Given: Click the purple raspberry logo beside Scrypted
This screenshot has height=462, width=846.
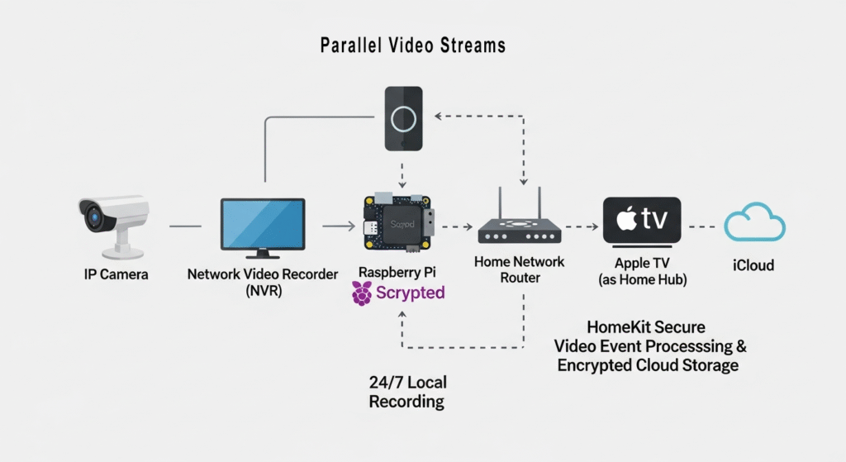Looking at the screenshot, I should (x=362, y=293).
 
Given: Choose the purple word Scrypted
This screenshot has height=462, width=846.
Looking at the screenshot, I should (x=411, y=293).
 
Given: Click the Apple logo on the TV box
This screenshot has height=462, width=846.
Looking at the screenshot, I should (x=627, y=221).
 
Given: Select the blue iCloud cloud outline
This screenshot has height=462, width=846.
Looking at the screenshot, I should (x=754, y=225).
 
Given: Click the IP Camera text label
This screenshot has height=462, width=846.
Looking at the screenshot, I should (x=116, y=274).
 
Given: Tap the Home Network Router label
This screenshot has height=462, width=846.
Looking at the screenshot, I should (x=520, y=269).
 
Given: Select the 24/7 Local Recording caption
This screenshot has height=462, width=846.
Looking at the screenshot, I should (x=407, y=393).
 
